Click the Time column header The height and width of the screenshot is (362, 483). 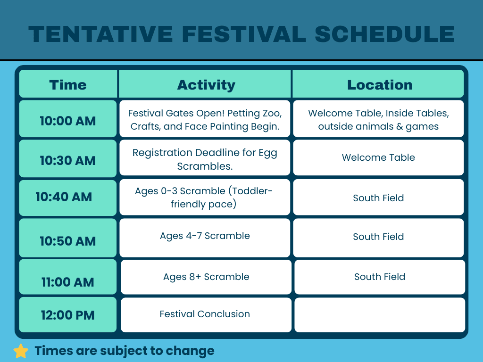click(68, 84)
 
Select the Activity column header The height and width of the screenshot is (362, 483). click(205, 84)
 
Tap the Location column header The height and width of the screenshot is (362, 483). click(378, 84)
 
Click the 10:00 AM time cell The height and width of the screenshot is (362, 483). click(68, 118)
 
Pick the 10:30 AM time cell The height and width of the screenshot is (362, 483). click(68, 158)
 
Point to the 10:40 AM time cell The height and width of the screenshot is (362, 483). click(68, 197)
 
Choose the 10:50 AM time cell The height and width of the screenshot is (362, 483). click(68, 238)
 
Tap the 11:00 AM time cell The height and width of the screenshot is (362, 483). click(68, 277)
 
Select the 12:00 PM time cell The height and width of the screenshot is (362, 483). click(68, 314)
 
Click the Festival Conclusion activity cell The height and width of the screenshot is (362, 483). click(206, 314)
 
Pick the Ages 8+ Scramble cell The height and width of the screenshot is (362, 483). click(206, 277)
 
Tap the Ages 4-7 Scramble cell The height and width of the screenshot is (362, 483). click(205, 238)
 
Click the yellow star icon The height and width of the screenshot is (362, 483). click(21, 351)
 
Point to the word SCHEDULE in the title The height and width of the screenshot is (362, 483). click(384, 34)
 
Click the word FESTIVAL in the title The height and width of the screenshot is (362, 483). click(244, 34)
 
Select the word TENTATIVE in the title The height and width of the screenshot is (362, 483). click(101, 34)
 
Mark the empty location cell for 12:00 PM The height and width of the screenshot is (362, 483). click(380, 314)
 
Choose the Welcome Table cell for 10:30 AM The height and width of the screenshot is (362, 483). click(378, 157)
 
